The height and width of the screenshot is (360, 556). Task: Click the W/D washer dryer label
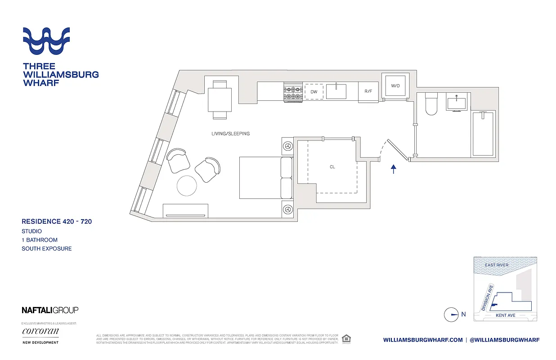(x=395, y=85)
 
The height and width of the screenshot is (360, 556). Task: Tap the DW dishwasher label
(x=314, y=92)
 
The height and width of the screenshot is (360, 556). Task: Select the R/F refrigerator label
(x=368, y=91)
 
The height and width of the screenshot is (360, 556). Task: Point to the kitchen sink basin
(x=336, y=91)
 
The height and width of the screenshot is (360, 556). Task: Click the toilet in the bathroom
(x=431, y=104)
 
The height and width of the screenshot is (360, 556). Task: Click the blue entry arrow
(x=394, y=169)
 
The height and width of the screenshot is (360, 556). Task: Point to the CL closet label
(x=332, y=167)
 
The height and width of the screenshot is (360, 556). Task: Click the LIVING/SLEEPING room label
(x=230, y=134)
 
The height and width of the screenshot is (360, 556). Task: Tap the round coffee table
(x=187, y=185)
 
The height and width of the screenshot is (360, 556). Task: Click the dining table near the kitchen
(x=220, y=99)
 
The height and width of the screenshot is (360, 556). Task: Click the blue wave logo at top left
(x=46, y=41)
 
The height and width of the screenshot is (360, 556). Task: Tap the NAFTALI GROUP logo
(x=50, y=310)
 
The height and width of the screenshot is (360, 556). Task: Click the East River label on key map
(x=497, y=265)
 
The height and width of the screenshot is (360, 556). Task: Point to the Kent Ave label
(x=505, y=315)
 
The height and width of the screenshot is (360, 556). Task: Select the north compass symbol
(x=451, y=315)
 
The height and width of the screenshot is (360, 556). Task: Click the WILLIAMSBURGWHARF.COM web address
(x=423, y=340)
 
